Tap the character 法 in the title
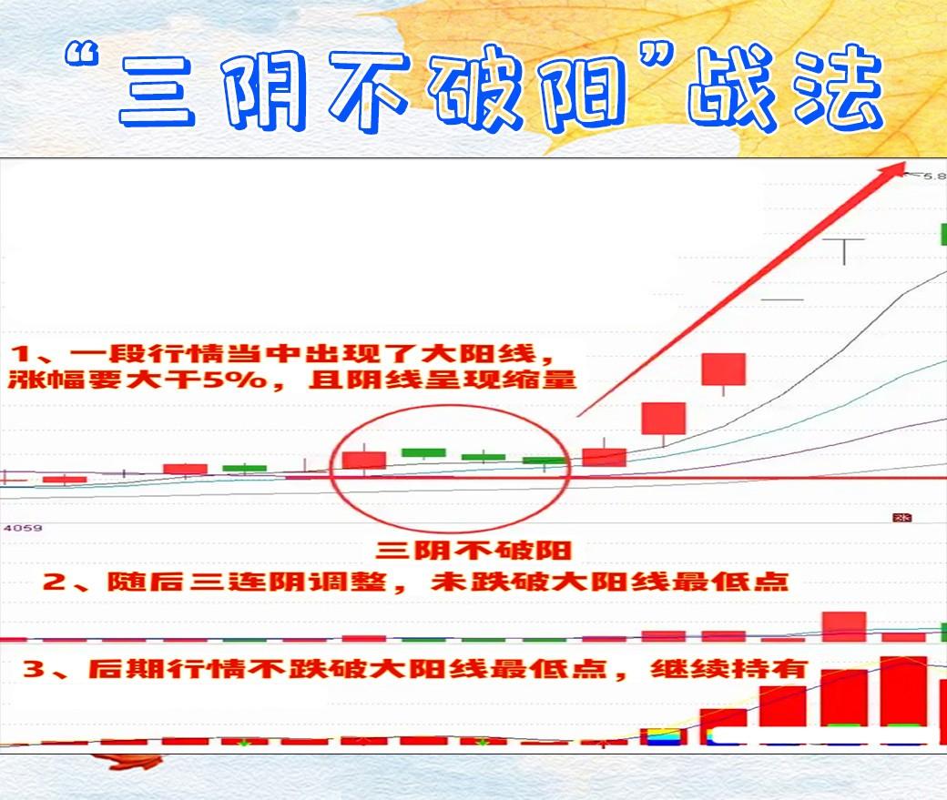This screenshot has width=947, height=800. [838, 86]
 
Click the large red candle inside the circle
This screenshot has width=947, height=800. [364, 461]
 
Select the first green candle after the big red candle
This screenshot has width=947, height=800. [424, 452]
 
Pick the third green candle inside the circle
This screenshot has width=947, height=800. [545, 461]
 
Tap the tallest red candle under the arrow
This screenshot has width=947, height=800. [724, 370]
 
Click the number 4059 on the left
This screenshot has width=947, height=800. [23, 528]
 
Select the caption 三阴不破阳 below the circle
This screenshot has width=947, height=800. [473, 551]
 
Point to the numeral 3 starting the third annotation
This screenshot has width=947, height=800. [34, 669]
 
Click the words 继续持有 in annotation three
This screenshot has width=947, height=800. [728, 669]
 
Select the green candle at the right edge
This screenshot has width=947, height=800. [943, 235]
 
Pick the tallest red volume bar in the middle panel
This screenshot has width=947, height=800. [844, 626]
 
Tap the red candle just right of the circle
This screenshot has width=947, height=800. [604, 456]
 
